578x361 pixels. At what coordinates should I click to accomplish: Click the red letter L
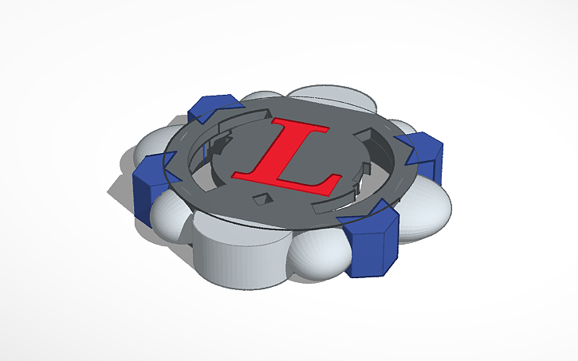[279, 159]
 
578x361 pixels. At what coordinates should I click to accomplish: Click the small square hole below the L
[261, 198]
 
